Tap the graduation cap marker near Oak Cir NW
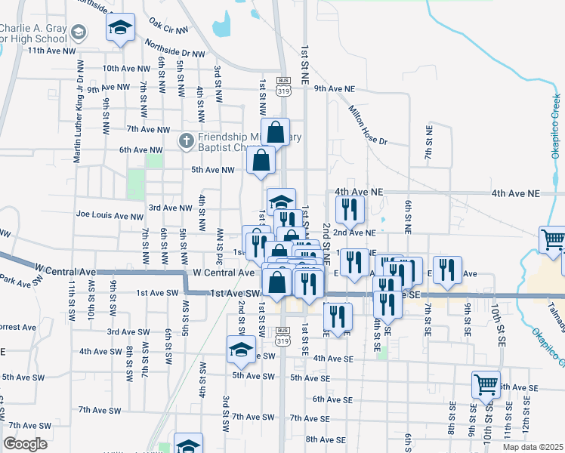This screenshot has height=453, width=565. (119, 30)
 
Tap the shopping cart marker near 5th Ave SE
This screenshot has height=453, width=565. (486, 384)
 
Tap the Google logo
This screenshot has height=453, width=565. (26, 444)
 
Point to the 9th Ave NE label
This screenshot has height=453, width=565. (335, 88)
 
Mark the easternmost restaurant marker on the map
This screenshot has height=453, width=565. (448, 271)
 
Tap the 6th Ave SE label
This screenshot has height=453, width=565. (332, 399)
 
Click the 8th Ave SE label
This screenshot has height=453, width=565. (326, 439)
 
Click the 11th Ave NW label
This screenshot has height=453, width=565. (51, 51)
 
